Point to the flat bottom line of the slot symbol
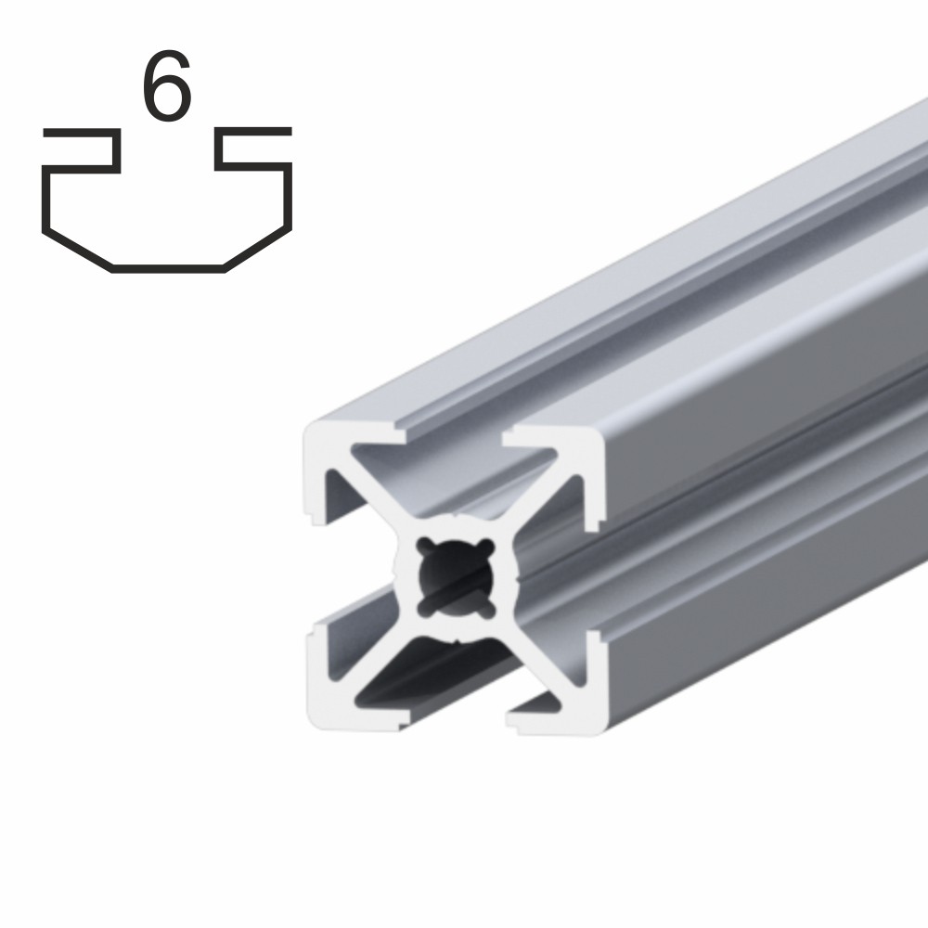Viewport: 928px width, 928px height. click(168, 269)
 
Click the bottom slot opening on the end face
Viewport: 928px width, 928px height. click(455, 720)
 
